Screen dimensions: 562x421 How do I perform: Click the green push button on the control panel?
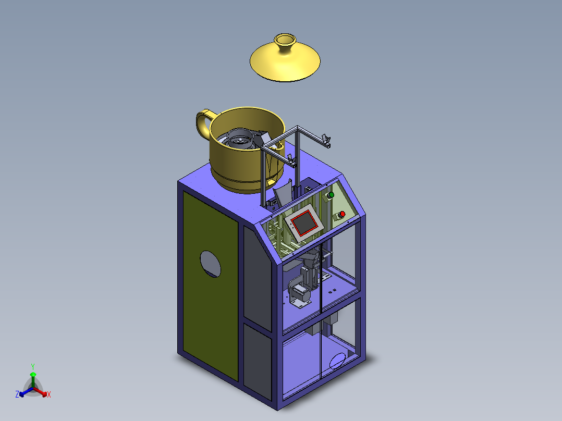(331, 195)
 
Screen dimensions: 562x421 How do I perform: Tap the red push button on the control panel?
(343, 214)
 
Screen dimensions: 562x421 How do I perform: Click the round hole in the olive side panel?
(211, 264)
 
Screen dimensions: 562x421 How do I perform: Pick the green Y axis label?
(33, 366)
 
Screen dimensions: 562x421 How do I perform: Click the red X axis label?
(49, 394)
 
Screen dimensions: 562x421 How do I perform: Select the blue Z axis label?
(17, 394)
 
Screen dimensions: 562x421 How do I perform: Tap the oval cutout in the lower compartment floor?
(338, 361)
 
